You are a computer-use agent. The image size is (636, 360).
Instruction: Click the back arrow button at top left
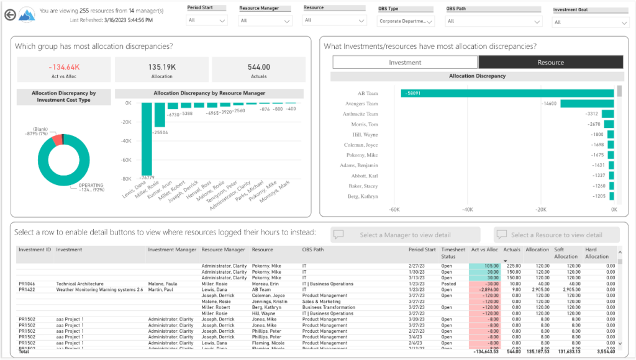coord(9,14)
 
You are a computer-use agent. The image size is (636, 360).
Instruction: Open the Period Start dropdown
coord(206,20)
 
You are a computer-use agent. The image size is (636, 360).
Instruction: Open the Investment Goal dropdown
coord(586,22)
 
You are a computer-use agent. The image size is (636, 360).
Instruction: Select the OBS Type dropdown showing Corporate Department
coord(406,20)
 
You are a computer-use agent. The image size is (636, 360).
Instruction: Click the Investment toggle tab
coord(405,62)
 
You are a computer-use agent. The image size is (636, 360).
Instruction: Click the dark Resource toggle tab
coord(550,62)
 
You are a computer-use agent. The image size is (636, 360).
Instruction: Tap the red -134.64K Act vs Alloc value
coord(64,66)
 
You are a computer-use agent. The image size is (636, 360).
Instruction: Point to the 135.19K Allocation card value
coord(161,66)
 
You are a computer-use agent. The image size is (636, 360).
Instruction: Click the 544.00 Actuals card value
coord(258,66)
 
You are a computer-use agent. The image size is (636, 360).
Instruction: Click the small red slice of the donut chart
coord(58,140)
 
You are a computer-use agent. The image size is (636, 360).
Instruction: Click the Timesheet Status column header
coord(453,253)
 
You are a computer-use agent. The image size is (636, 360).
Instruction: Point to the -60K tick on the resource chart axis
coord(394,210)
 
